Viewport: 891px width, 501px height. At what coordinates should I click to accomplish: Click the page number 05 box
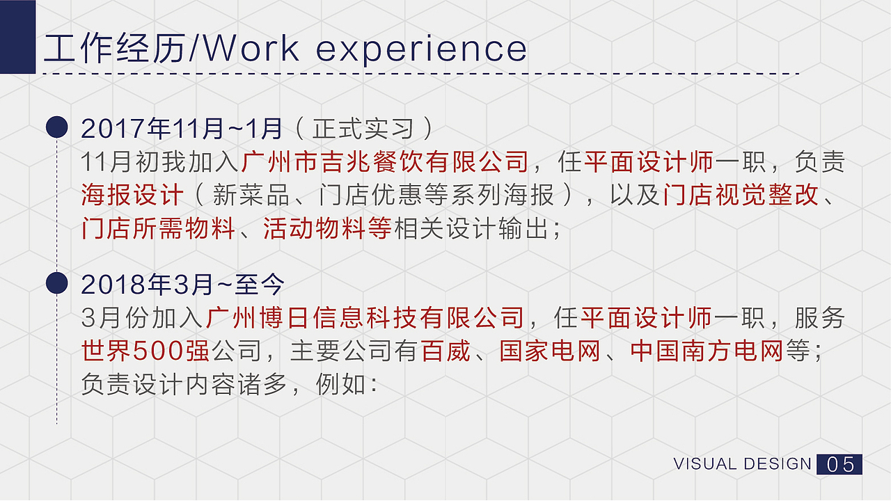coord(839,464)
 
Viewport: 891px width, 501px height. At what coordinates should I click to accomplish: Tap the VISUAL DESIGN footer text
coord(743,464)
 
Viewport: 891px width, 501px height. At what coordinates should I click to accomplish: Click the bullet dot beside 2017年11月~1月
coord(56,127)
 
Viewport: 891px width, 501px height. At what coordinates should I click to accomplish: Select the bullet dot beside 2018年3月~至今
coord(56,283)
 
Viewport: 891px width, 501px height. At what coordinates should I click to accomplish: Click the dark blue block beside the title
coord(17,36)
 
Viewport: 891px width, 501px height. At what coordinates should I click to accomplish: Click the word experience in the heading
coord(422,49)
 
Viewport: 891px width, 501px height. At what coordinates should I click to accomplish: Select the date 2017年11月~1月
coord(182,128)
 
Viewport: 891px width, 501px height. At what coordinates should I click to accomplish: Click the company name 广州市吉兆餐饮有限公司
coord(385,162)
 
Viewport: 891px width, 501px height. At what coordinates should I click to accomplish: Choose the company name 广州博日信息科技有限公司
coord(365,318)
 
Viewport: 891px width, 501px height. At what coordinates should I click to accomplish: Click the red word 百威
coord(446,351)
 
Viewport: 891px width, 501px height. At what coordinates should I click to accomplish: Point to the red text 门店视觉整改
coord(740,196)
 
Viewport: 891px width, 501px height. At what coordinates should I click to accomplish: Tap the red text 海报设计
coord(132,196)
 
